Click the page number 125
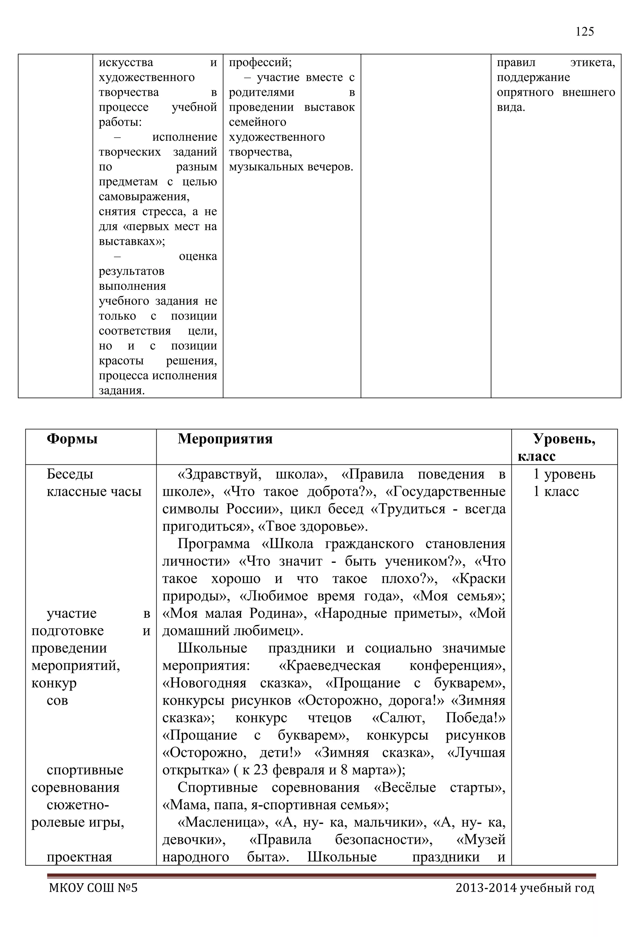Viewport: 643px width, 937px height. coord(584,32)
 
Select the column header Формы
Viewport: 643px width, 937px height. coord(72,439)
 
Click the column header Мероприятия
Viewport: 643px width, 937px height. coord(225,439)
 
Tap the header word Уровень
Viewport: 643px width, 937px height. coord(564,439)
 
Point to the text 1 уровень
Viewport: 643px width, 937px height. coord(564,474)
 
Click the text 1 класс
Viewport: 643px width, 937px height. coord(556,491)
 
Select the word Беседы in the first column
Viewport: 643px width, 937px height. coord(70,474)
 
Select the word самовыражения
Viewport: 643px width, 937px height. coord(144,197)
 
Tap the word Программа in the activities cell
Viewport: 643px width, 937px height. coord(213,544)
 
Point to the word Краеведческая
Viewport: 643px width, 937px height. coord(330,666)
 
